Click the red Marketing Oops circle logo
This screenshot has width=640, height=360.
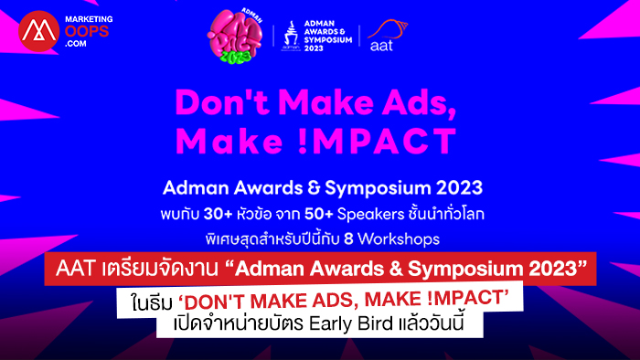(x=38, y=31)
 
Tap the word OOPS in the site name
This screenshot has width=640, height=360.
(x=87, y=31)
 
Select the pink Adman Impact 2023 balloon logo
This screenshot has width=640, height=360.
(x=235, y=37)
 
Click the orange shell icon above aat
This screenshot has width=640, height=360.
(x=389, y=28)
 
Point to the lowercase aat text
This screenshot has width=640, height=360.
(x=381, y=46)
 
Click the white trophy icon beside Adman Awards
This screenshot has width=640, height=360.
(x=291, y=36)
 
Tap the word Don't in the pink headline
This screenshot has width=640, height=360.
(x=222, y=101)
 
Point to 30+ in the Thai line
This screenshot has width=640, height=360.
(x=218, y=214)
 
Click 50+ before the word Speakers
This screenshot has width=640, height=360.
(x=319, y=214)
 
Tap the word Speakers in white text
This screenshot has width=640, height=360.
(x=370, y=215)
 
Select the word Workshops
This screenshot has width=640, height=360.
(x=399, y=239)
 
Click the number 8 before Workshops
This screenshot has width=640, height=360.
(x=348, y=238)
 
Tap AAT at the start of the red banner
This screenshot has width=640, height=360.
(x=76, y=269)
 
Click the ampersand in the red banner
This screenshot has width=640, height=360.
(x=396, y=269)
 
